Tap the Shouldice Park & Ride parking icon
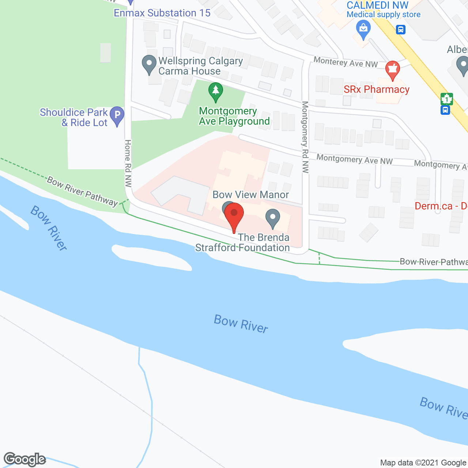(x=117, y=115)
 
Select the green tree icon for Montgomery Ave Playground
(x=216, y=91)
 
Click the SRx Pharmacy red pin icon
(x=392, y=69)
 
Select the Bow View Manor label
(x=251, y=195)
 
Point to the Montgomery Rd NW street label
(x=305, y=137)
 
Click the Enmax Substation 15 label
(x=162, y=13)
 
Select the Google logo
(x=24, y=459)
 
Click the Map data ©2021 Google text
(x=423, y=463)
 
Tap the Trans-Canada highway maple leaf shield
(x=446, y=99)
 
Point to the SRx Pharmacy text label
(x=376, y=90)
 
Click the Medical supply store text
(x=384, y=15)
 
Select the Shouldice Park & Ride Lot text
(x=74, y=117)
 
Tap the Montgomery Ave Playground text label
(x=234, y=116)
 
